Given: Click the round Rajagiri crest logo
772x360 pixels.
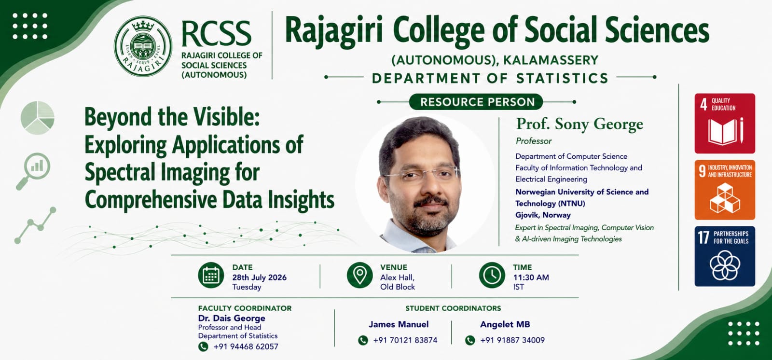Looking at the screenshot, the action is [143, 46].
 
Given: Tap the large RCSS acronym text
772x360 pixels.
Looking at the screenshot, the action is [216, 33].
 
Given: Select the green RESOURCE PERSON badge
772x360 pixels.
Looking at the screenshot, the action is [477, 102].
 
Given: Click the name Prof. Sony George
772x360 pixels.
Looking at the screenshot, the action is [579, 124].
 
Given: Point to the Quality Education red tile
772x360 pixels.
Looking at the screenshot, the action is [725, 124].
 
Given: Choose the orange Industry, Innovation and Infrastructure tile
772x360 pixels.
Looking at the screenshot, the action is [725, 190].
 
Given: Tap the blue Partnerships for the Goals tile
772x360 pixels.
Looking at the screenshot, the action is [725, 256].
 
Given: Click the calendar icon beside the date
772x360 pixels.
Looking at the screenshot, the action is [211, 275].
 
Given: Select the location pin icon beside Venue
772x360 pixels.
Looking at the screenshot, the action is [360, 275].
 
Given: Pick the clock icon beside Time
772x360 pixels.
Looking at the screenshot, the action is [492, 275].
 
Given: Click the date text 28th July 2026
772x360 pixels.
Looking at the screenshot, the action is [259, 277].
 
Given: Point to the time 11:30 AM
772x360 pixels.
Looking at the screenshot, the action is [531, 277].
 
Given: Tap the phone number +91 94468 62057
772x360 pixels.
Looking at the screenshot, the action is [246, 346].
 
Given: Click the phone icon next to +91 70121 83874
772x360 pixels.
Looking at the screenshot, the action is [363, 340].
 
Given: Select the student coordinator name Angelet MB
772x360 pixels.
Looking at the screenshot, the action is [505, 324].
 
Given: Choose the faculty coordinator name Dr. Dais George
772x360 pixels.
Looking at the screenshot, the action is [232, 318].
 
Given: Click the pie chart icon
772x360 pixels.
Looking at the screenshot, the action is [38, 118].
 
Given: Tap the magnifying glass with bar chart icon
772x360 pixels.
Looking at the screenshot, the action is [33, 171].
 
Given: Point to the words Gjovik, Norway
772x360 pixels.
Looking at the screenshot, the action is [543, 215].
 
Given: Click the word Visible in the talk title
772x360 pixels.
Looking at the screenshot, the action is [226, 117].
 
